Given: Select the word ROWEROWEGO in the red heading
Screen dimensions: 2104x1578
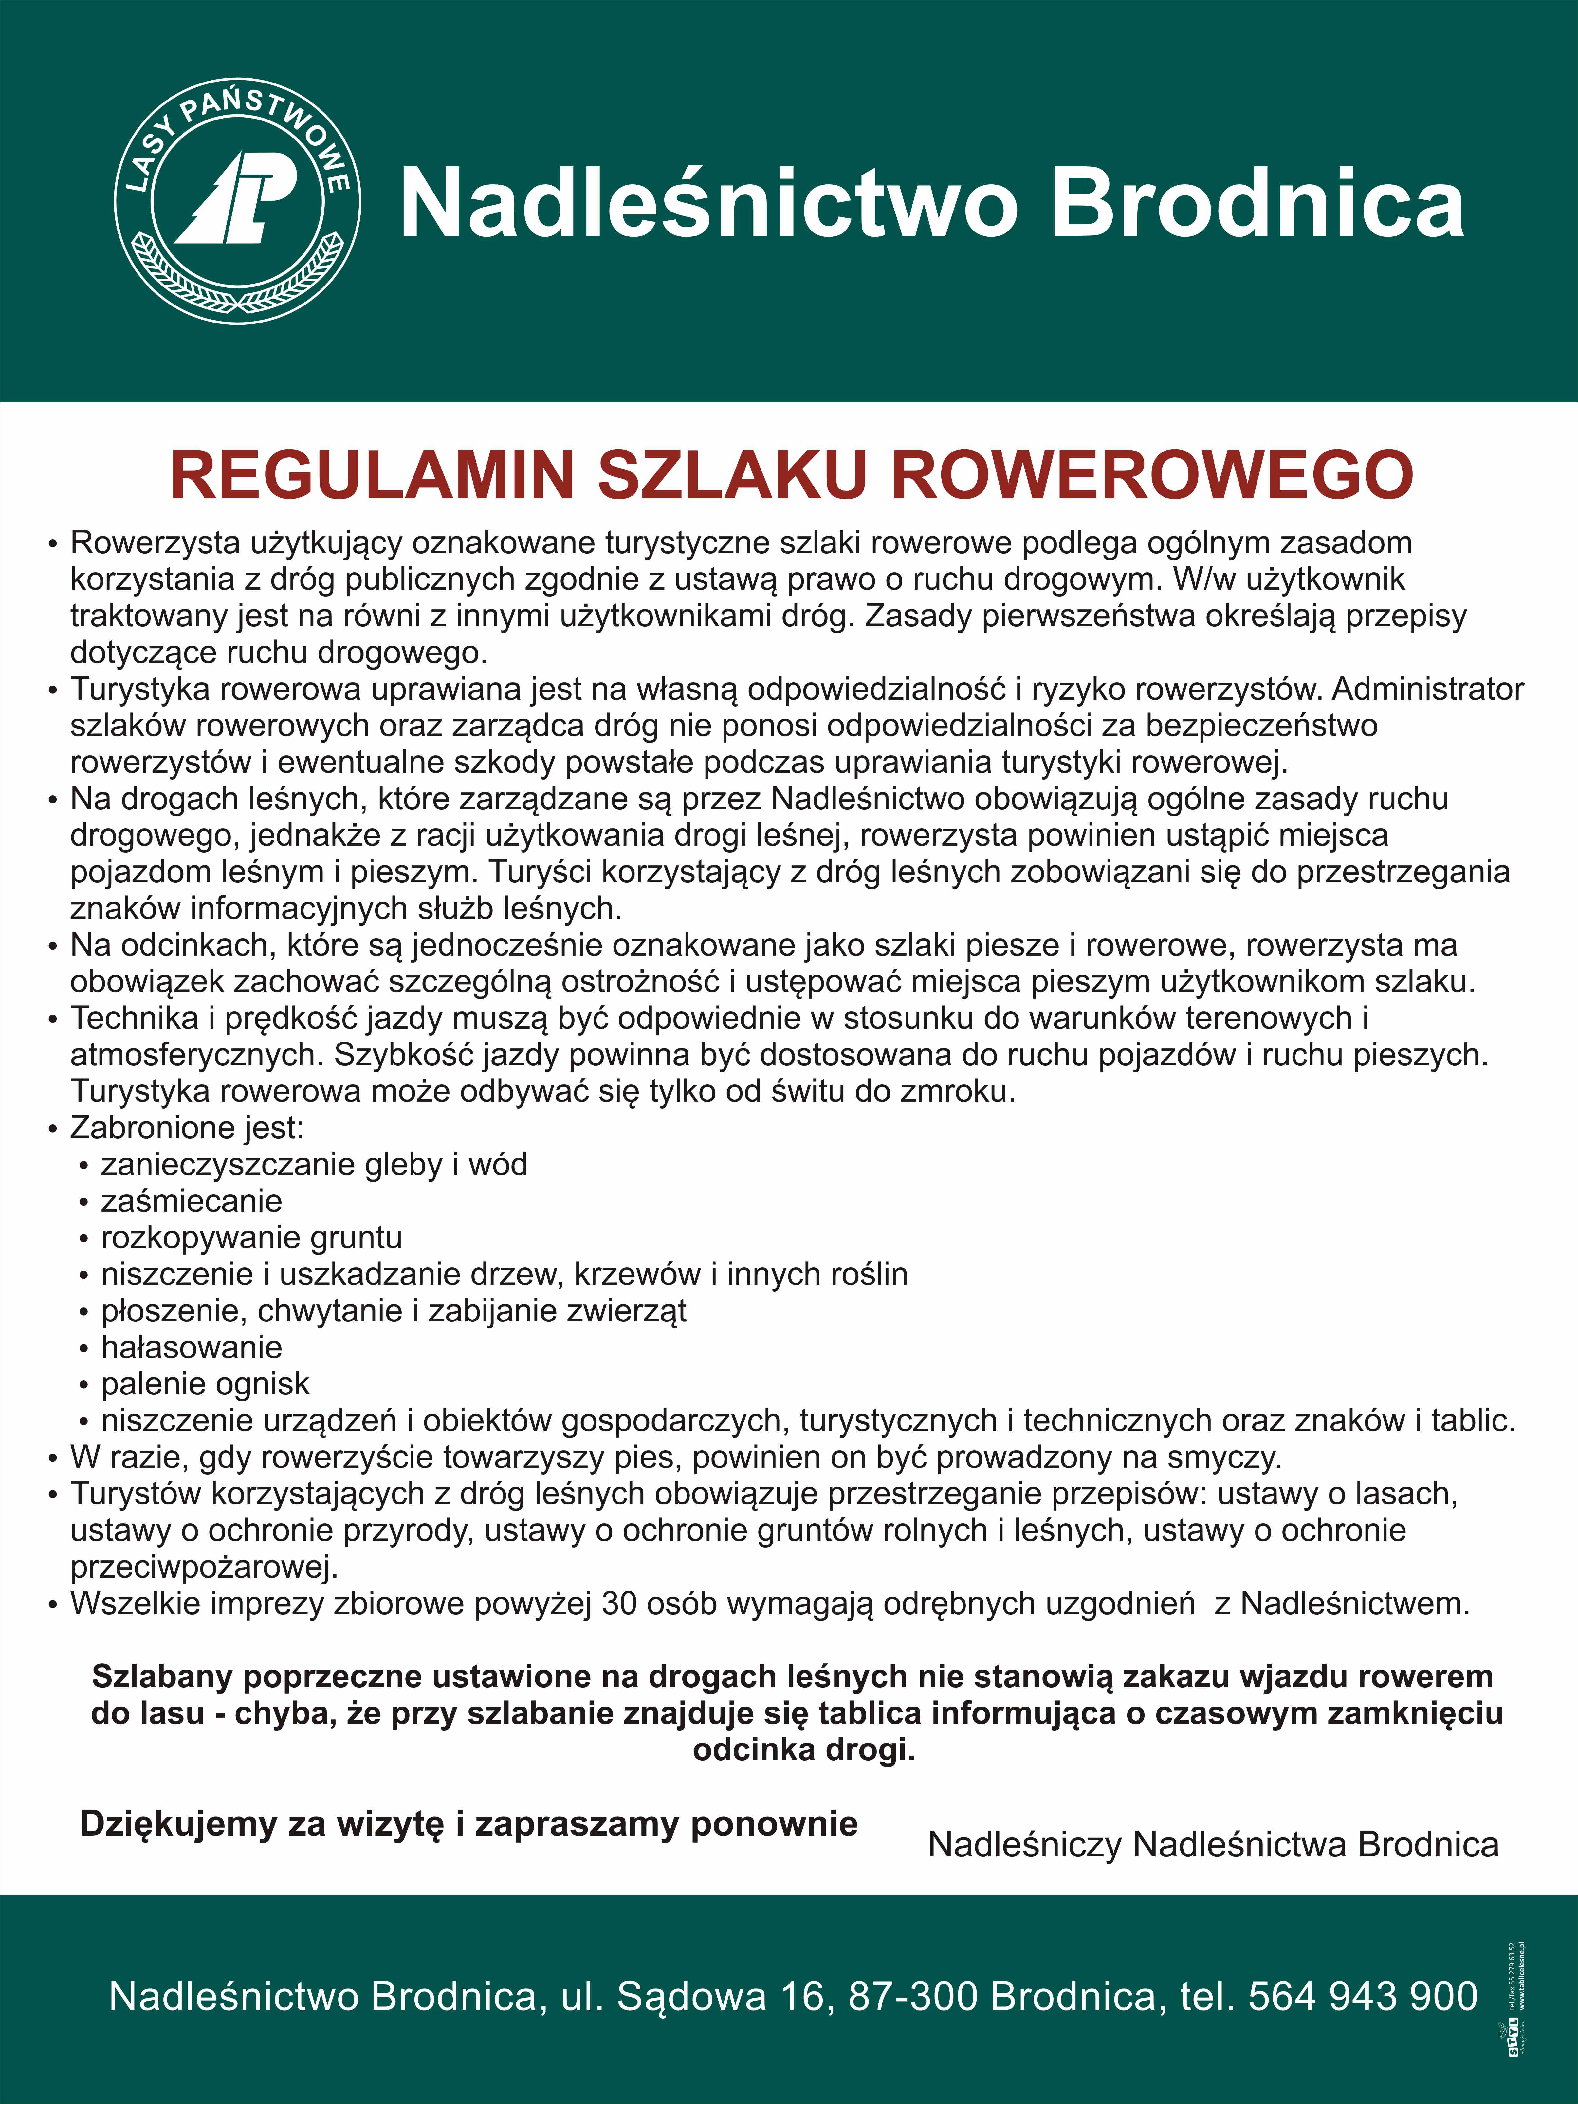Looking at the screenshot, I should tap(1152, 475).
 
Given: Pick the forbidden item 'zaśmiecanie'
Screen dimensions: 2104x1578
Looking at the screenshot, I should tap(191, 1201).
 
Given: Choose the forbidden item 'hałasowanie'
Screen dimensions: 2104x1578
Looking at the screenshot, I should tap(191, 1348).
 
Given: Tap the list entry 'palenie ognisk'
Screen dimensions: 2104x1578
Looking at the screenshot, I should tap(206, 1384).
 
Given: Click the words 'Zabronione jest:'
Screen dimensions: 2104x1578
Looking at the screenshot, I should tap(186, 1128).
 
